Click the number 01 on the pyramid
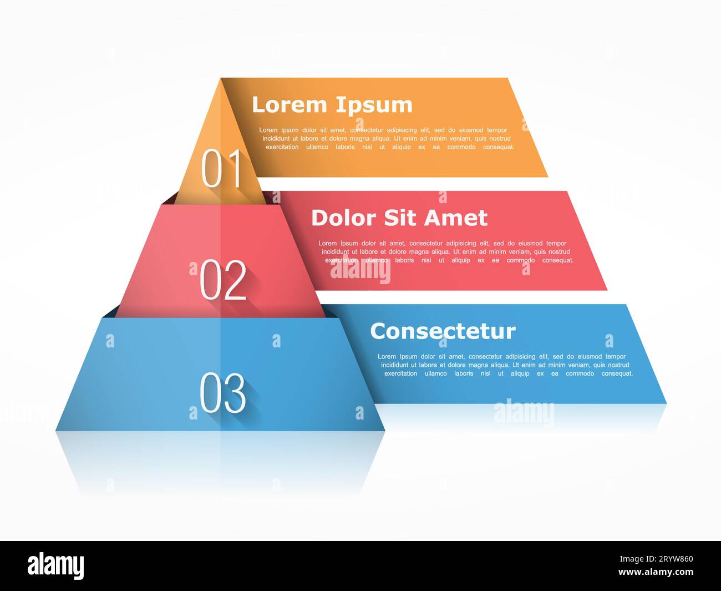222,169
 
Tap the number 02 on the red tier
223,280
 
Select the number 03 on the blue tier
222,393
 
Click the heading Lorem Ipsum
332,105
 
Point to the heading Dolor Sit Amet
399,218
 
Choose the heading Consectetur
443,331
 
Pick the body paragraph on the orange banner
387,139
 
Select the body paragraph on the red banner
446,252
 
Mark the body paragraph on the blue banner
505,365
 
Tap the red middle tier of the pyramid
166,261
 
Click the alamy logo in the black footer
55,565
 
